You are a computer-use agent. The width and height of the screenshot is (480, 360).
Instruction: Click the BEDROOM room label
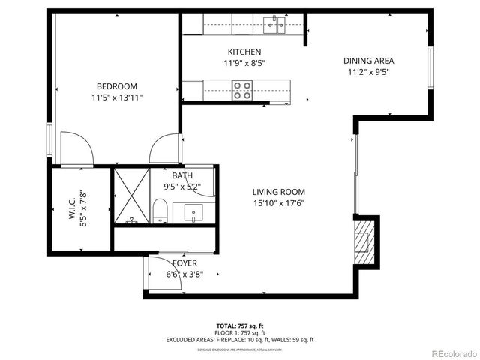coord(116,85)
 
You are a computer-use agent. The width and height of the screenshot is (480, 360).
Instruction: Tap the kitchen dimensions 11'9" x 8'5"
coord(244,63)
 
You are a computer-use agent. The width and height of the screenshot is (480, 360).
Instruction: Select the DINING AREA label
coord(368,61)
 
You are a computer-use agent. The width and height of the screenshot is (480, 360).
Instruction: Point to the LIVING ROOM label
coord(278,191)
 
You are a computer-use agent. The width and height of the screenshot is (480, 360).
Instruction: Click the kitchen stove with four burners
coord(242,90)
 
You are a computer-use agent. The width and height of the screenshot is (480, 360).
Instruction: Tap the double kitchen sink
coord(275,27)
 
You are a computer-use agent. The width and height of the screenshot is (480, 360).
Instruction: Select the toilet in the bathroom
coord(160,210)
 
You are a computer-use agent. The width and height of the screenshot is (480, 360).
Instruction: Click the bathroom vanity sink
coord(194,213)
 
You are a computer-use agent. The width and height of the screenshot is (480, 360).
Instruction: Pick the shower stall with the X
coord(131,196)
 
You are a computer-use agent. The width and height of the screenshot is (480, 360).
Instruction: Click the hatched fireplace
coord(364,241)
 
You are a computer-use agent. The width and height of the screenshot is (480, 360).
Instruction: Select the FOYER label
coord(184,263)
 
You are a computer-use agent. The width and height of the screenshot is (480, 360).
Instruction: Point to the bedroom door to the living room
coord(164,150)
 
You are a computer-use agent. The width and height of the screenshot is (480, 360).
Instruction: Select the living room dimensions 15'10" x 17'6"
coord(278,202)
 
